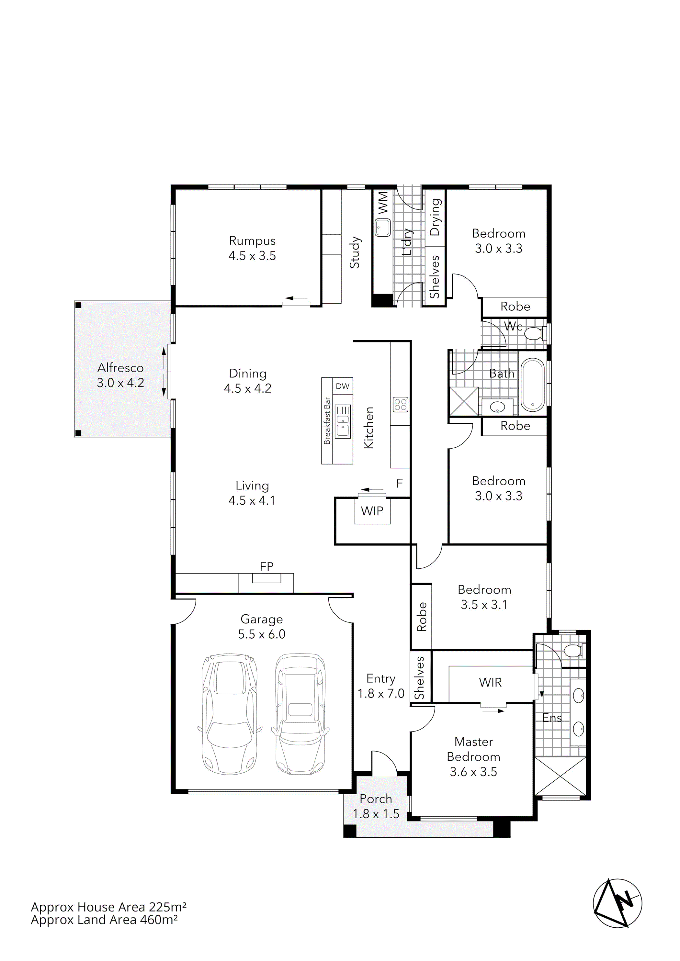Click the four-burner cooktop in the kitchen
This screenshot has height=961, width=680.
pyautogui.click(x=400, y=404)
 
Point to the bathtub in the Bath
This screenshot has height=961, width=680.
pyautogui.click(x=533, y=385)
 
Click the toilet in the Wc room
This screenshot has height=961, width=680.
pyautogui.click(x=534, y=334)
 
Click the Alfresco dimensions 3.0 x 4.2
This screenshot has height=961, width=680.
pyautogui.click(x=120, y=383)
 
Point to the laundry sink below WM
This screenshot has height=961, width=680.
pyautogui.click(x=382, y=228)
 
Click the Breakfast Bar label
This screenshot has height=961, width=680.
pyautogui.click(x=327, y=421)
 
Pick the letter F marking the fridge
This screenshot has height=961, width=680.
pyautogui.click(x=400, y=484)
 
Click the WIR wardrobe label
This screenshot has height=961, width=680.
pyautogui.click(x=490, y=683)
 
